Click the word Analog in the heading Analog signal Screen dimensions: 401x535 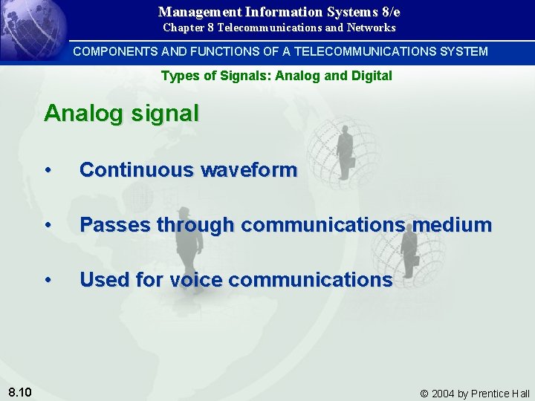coord(80,114)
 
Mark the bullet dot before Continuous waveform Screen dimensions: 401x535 coord(48,171)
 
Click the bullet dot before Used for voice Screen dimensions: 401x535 coord(48,281)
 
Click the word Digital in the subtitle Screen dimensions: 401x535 coord(372,76)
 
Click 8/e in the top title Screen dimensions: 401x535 coord(389,12)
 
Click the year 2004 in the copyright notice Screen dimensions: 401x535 coord(444,394)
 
